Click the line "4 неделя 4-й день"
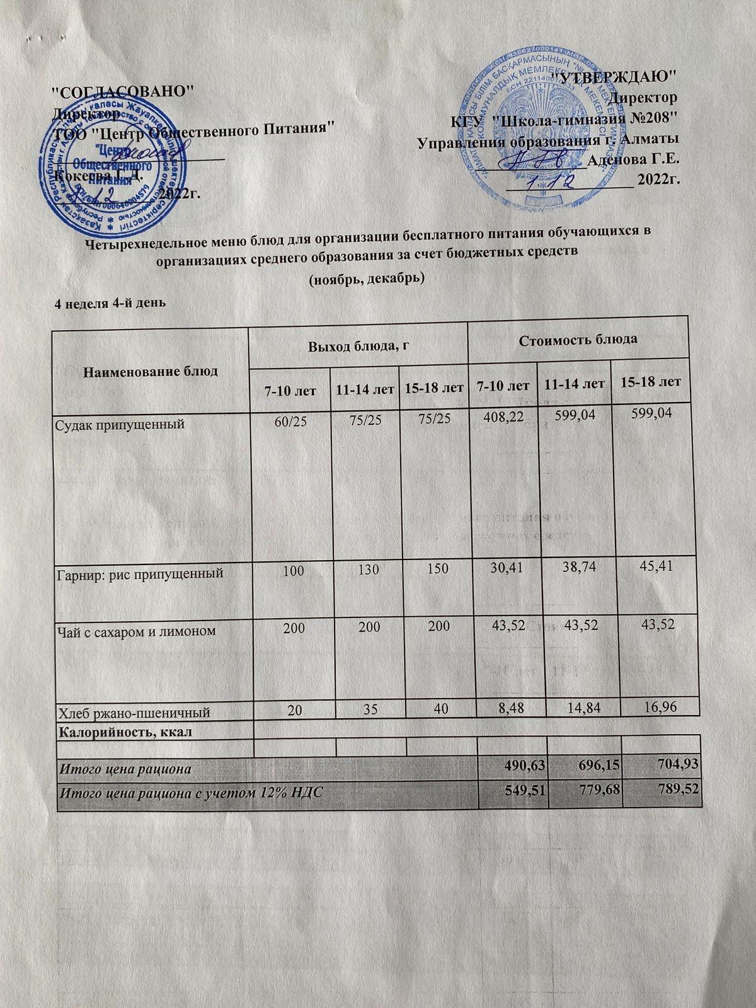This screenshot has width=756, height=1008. coord(111,304)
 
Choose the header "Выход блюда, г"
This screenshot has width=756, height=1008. coord(358,345)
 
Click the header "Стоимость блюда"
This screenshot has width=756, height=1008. coord(578,340)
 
